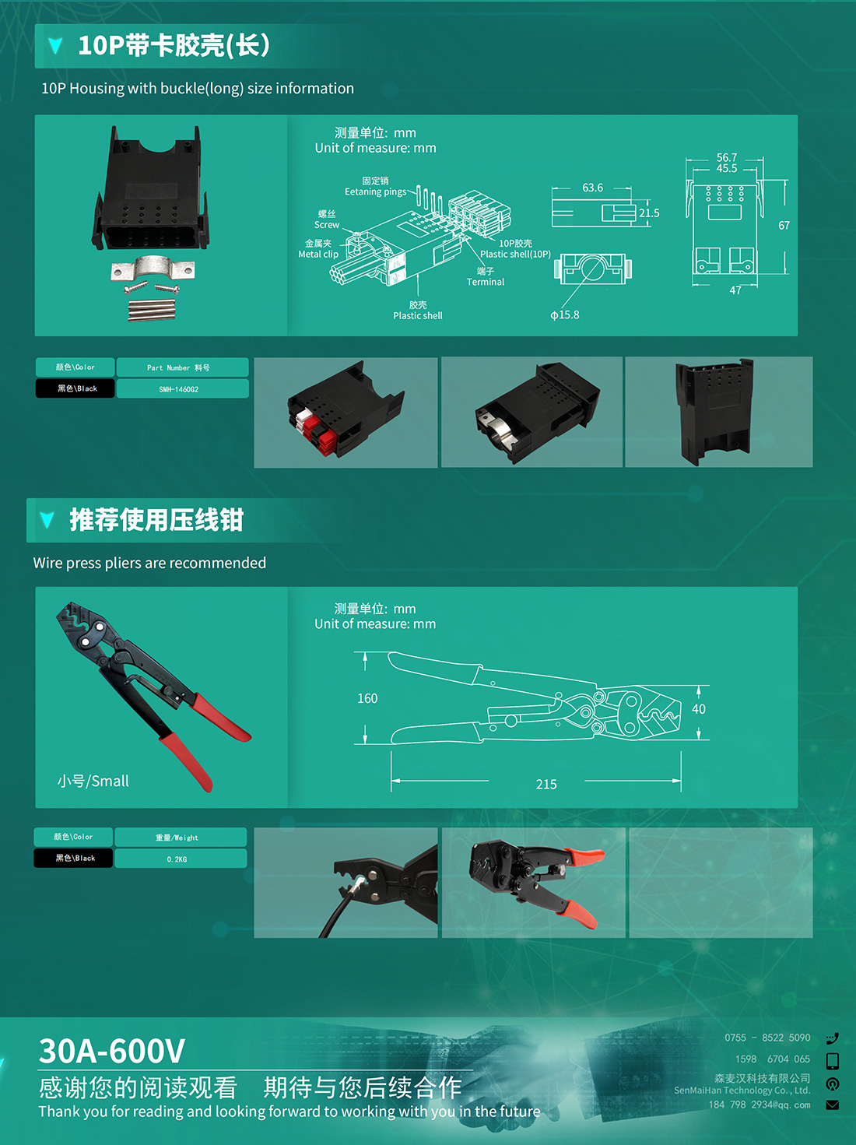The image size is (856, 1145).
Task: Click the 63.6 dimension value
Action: [592, 188]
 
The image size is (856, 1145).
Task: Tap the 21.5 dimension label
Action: [649, 212]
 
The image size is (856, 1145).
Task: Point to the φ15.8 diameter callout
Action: [565, 315]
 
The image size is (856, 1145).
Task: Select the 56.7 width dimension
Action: [727, 157]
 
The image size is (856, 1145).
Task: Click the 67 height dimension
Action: [784, 226]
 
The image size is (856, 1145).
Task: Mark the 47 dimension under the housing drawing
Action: [735, 290]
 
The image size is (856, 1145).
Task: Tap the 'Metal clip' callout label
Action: [318, 254]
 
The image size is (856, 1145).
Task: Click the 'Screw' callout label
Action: [327, 225]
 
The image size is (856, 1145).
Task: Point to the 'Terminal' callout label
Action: [486, 282]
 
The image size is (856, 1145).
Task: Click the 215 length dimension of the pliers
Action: [546, 784]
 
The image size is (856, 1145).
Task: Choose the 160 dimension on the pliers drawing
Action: [367, 698]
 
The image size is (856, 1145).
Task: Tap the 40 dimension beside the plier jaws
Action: [699, 709]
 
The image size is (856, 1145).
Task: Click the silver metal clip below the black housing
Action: [153, 268]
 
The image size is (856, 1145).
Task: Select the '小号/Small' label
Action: [93, 781]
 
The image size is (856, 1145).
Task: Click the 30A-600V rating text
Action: [112, 1050]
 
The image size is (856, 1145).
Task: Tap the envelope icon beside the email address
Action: [833, 1105]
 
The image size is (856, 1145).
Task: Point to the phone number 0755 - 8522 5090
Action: [767, 1038]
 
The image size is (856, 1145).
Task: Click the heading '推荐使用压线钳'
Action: [156, 519]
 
